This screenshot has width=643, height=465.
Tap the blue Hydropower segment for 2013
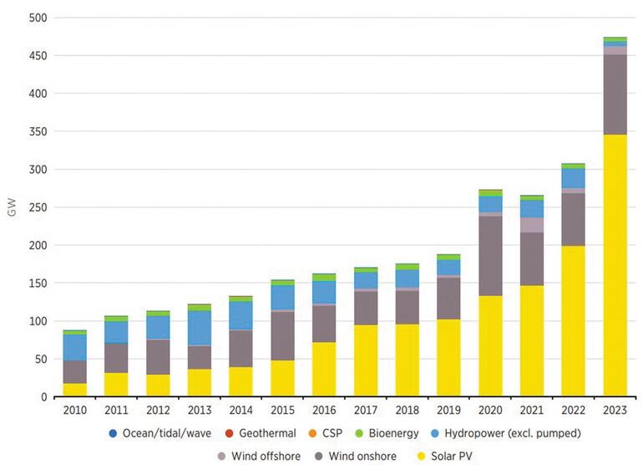click(200, 328)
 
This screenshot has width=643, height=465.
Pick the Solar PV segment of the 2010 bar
click(75, 390)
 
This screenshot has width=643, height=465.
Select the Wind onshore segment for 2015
click(282, 336)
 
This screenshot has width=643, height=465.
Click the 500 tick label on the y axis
click(38, 18)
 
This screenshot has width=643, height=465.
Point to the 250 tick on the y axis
click(38, 207)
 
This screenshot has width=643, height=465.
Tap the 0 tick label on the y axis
click(45, 397)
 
